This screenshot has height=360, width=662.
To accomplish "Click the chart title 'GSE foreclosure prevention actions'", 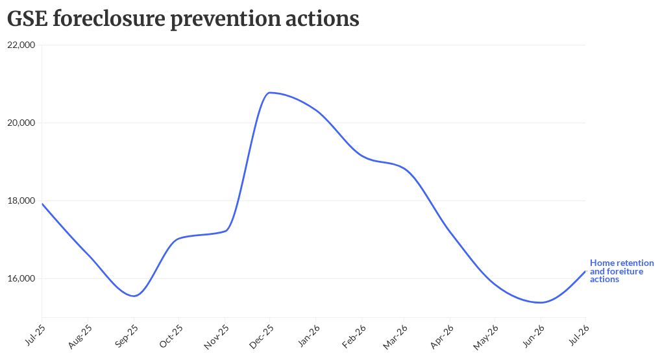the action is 183,19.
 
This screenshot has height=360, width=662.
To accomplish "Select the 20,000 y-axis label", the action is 21,123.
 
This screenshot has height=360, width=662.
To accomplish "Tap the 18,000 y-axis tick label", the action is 21,200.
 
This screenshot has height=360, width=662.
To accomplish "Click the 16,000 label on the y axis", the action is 21,278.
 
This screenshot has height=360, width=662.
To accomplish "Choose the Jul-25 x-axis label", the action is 36,335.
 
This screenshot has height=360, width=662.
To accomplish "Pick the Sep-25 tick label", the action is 127,336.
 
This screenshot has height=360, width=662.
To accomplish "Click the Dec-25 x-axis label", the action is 262,337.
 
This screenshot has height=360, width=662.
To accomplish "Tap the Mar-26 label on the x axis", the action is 395,337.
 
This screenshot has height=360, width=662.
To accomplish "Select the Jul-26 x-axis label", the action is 579,335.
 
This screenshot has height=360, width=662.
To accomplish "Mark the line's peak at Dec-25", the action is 269,92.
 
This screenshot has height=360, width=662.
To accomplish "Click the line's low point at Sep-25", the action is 134,296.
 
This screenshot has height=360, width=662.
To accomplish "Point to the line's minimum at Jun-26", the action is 541,302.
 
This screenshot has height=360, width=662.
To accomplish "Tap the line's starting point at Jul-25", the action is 42,204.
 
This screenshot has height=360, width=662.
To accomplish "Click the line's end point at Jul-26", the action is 585,271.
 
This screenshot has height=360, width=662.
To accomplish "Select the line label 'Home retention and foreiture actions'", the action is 622,271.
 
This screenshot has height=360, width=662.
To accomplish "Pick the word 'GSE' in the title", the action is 27,19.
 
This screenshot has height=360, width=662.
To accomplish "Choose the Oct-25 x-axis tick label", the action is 171,336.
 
